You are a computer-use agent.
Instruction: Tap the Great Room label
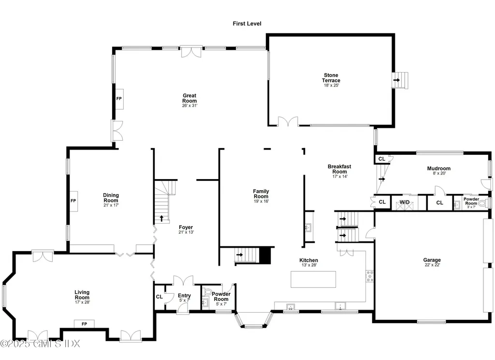[x=189, y=98]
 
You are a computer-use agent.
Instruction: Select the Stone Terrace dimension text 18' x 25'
[x=332, y=86]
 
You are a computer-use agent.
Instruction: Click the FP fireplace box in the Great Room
[x=118, y=98]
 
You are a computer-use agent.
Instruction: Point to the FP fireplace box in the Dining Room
[x=73, y=200]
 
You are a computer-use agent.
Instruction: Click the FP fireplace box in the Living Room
[x=84, y=323]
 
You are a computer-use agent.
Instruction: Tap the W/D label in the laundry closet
[x=404, y=202]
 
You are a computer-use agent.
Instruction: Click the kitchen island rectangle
[x=313, y=279]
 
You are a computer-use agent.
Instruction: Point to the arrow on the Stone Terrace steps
[x=397, y=80]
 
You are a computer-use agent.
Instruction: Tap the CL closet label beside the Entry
[x=159, y=297]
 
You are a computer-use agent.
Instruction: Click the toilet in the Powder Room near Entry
[x=208, y=292]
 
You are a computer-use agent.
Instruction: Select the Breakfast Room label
[x=339, y=169]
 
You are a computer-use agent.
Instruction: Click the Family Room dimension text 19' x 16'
[x=261, y=202]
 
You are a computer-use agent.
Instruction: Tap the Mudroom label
[x=438, y=169]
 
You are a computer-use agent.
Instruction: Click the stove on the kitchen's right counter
[x=370, y=276]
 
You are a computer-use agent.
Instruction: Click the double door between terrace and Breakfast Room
[x=288, y=121]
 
